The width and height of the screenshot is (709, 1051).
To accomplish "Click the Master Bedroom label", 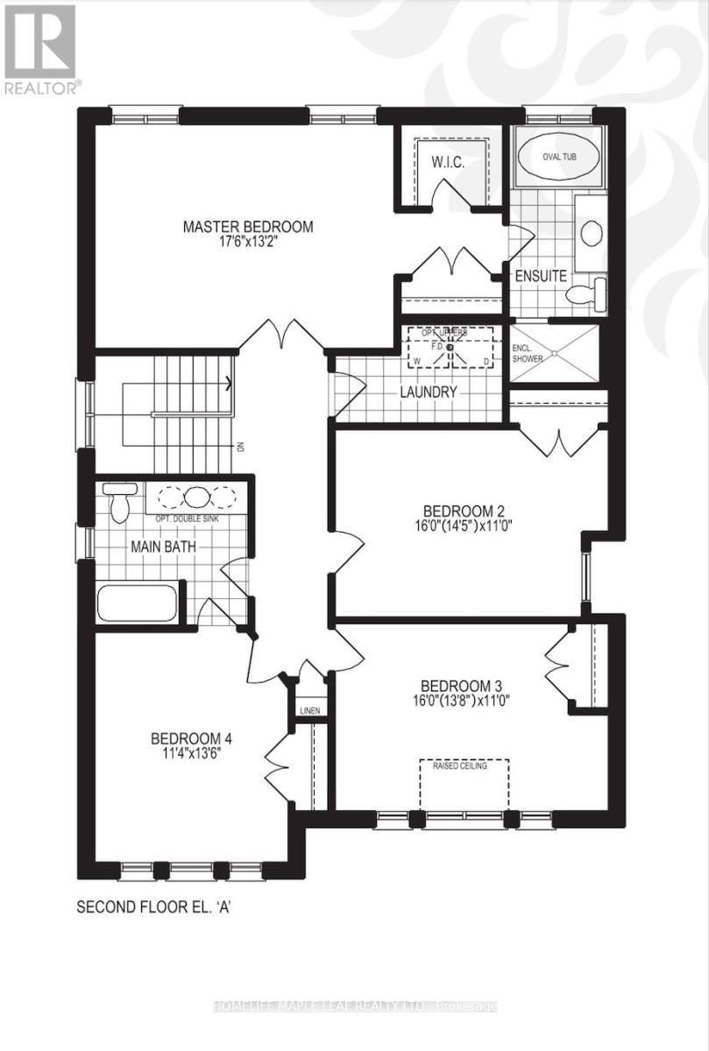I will click(248, 227).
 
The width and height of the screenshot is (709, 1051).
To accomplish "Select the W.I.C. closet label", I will click(446, 163).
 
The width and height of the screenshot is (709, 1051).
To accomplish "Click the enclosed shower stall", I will click(555, 353).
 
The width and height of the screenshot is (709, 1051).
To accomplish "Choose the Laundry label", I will click(429, 392).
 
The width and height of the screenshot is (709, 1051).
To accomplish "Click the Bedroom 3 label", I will click(460, 686).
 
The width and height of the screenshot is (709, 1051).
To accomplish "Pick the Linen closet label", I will click(309, 710).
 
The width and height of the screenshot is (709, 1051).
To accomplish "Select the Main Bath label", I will click(163, 548).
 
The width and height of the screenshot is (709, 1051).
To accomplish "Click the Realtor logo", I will click(40, 48).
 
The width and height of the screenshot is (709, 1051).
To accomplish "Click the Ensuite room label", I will click(540, 275).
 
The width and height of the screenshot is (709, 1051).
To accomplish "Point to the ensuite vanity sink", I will click(592, 232).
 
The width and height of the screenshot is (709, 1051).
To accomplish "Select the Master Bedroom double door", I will click(283, 334).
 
